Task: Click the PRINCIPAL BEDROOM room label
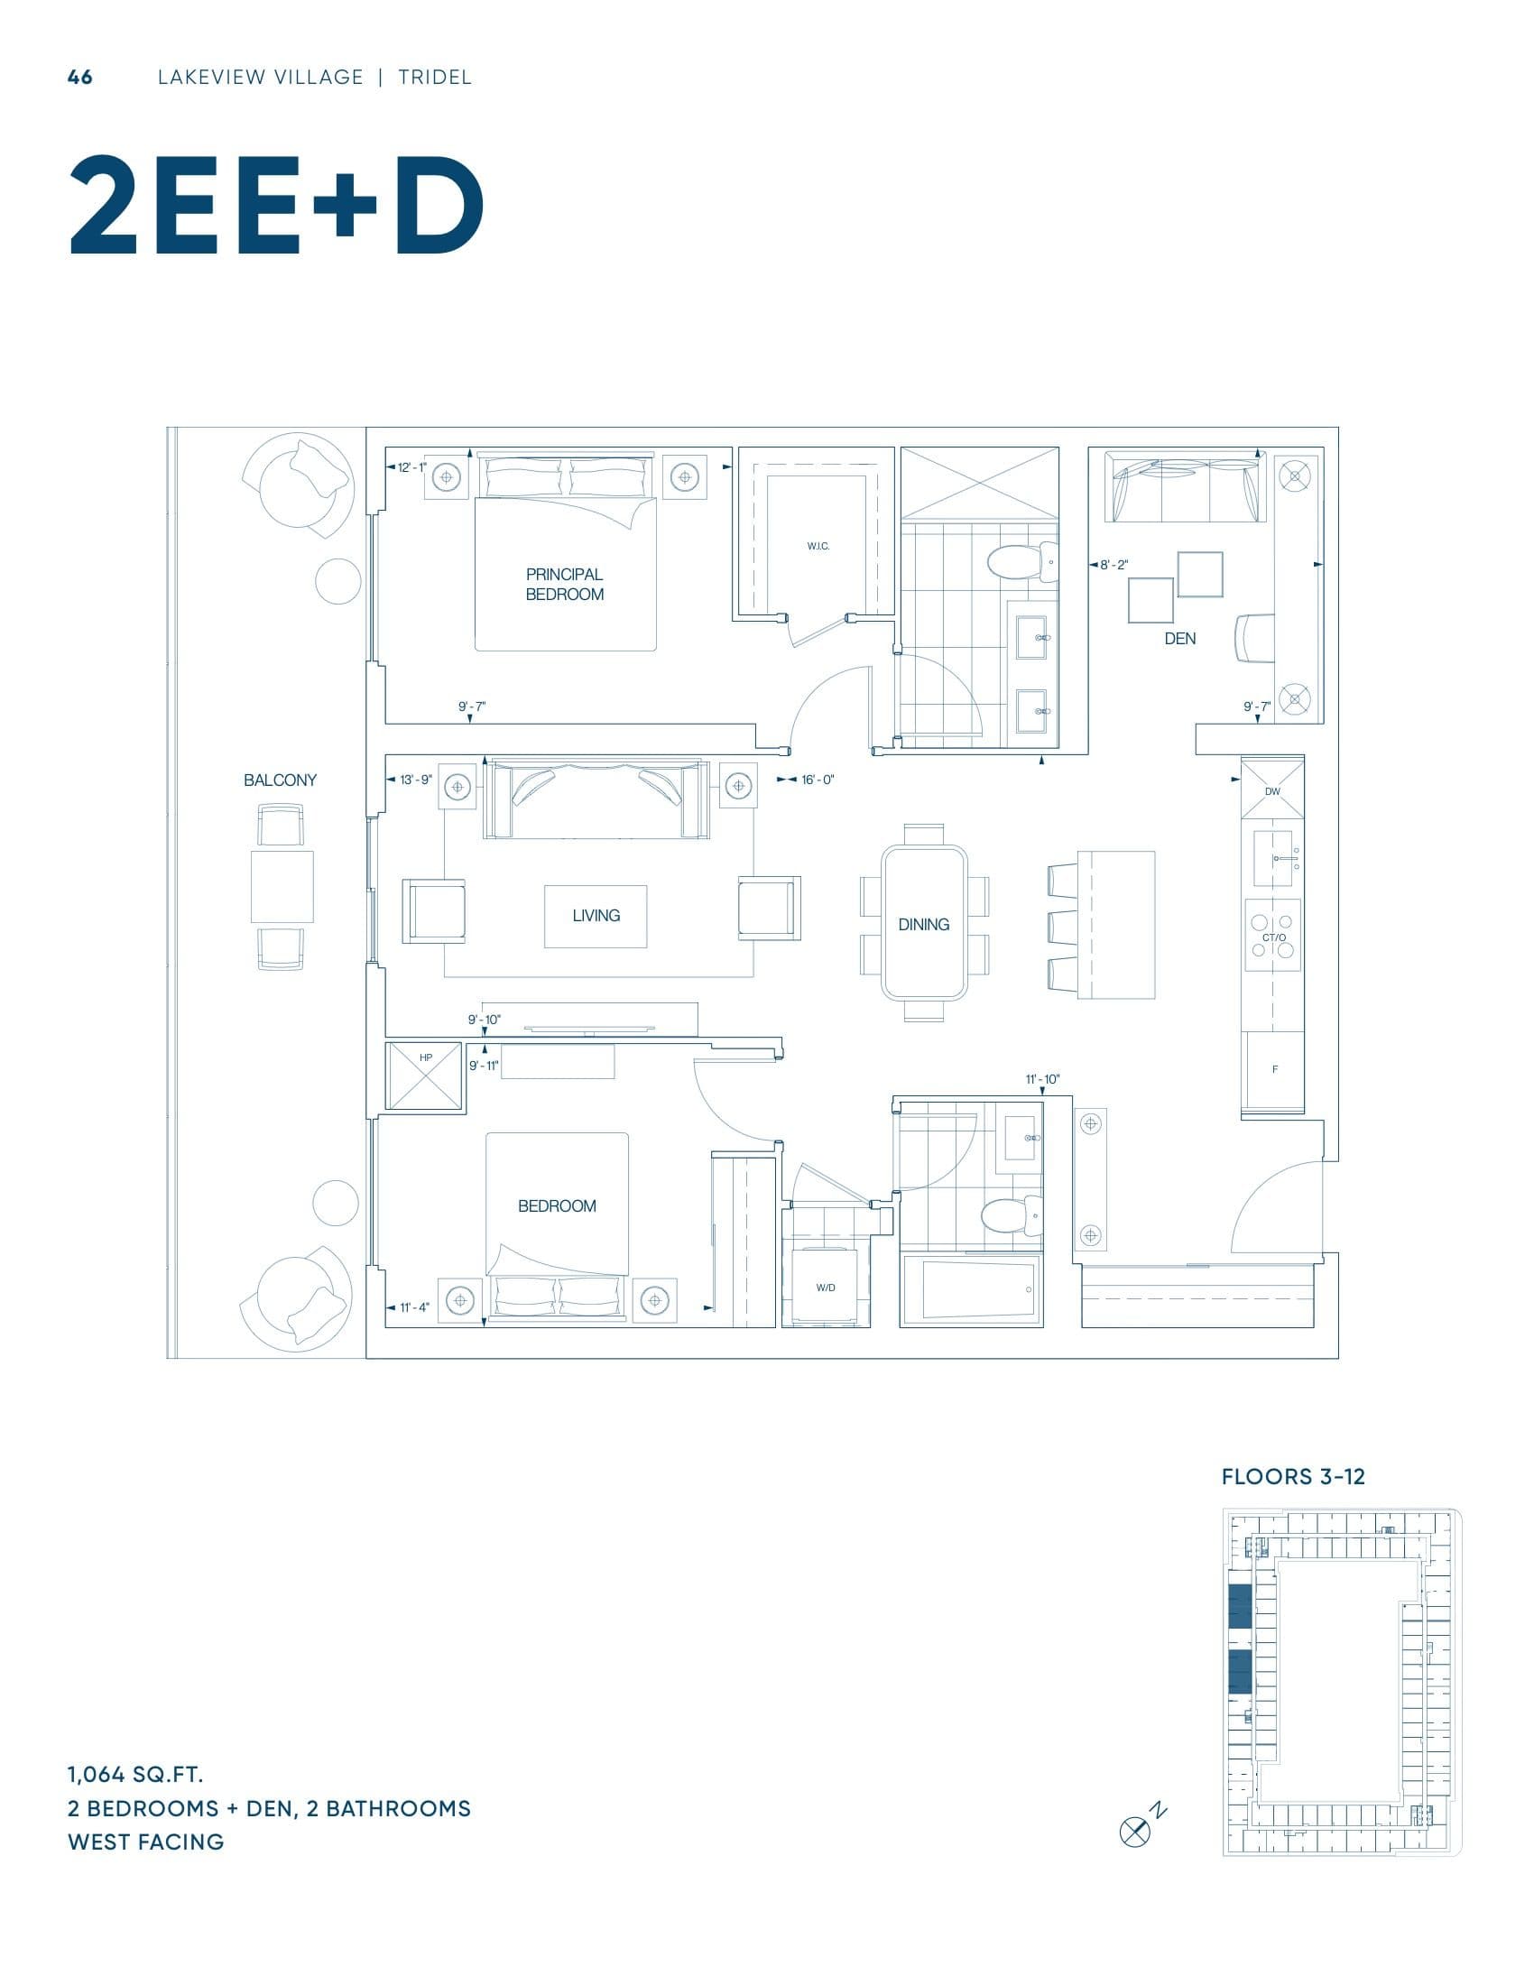[x=563, y=585]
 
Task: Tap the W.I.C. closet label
[x=818, y=546]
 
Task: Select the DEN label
[x=1179, y=639]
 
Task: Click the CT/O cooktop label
[x=1274, y=937]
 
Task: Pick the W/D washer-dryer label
[x=825, y=1288]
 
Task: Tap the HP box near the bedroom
[x=425, y=1075]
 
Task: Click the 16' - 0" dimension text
[x=817, y=780]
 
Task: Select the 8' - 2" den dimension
[x=1114, y=565]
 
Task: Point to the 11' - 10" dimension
[x=1042, y=1080]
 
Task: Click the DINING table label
[x=923, y=924]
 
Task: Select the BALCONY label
[x=280, y=780]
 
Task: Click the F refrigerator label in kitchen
[x=1274, y=1070]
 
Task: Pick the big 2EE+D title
[x=276, y=208]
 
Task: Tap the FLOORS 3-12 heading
[x=1292, y=1477]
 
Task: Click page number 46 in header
[x=80, y=78]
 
